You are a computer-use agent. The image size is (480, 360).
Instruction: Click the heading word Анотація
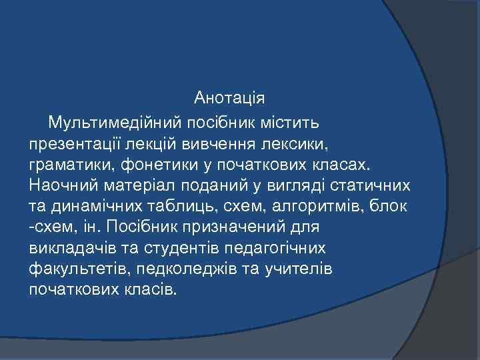(229, 98)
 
